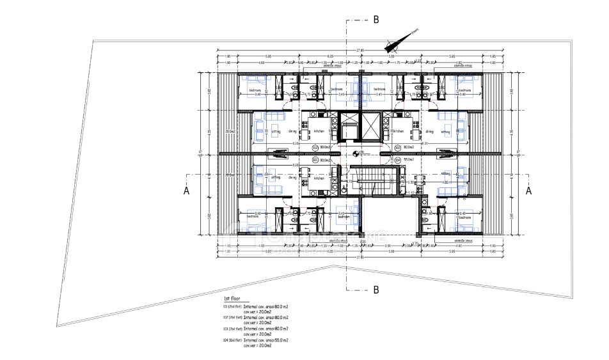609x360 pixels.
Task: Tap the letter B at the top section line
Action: point(376,20)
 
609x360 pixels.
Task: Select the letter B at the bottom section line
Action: point(376,290)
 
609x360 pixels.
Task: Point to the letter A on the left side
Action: point(186,190)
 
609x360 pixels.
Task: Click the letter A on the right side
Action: point(529,190)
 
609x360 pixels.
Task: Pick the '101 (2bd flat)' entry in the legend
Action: point(231,308)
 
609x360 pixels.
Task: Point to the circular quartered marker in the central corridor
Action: point(356,152)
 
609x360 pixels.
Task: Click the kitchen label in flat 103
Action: point(319,178)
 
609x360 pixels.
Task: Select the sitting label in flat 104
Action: point(445,173)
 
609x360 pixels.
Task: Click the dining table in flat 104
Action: point(420,186)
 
